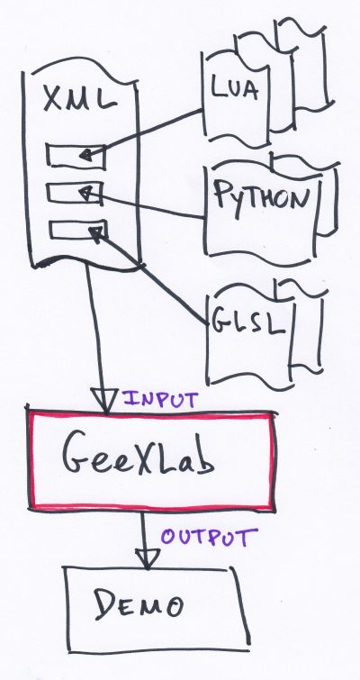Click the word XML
(81, 99)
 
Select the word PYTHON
(263, 197)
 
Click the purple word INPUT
(160, 399)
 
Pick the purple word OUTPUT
(209, 537)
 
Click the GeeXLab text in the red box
(138, 459)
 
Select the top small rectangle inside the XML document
(76, 156)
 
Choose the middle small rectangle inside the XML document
(75, 193)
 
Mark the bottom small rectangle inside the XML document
(77, 230)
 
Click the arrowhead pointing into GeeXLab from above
(104, 400)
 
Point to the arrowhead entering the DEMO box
(148, 558)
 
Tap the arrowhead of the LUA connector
(86, 154)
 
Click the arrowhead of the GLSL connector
(96, 232)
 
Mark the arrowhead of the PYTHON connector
(85, 192)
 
